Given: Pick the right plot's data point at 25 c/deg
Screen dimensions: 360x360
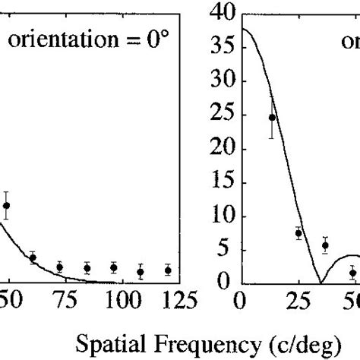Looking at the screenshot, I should [x=298, y=233].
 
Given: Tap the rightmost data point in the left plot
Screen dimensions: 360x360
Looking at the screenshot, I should [x=168, y=270].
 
